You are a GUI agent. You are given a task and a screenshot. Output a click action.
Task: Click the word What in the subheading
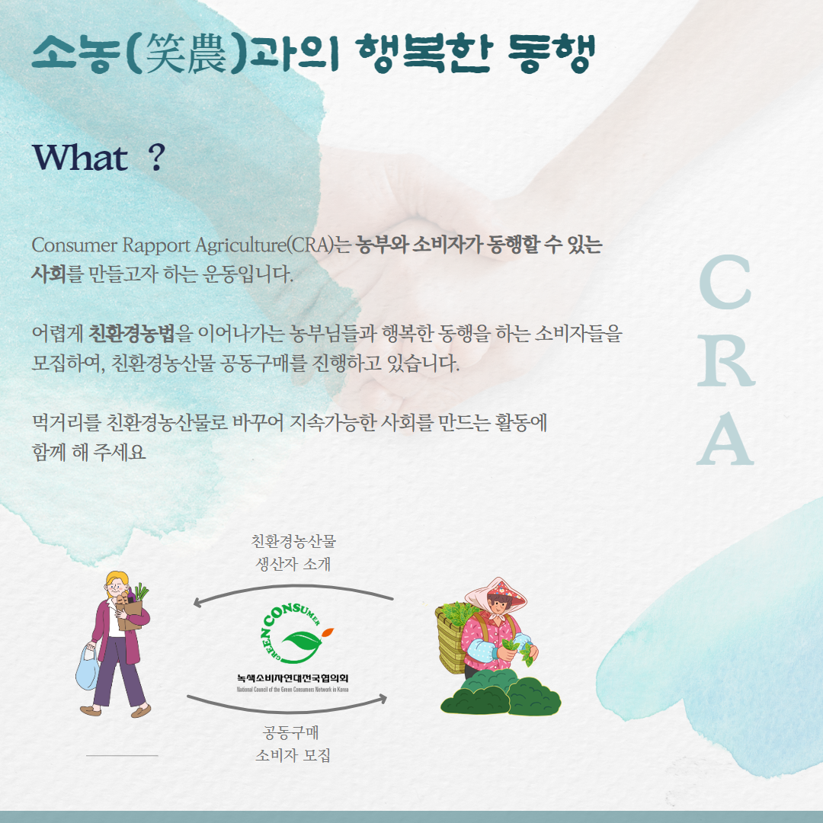(x=80, y=157)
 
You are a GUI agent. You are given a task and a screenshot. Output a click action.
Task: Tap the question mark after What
(x=156, y=157)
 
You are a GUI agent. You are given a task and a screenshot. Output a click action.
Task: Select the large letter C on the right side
(x=725, y=282)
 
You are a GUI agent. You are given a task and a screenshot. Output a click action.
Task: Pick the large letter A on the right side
(x=725, y=438)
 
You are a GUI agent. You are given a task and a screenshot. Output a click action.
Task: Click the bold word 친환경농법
(x=131, y=333)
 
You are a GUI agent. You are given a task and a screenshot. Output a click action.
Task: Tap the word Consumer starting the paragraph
(x=74, y=245)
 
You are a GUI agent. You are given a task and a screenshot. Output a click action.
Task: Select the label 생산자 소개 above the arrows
(x=293, y=564)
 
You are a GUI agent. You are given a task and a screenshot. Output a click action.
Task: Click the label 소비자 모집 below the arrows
(x=293, y=755)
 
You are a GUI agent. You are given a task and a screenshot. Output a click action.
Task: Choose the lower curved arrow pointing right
(x=287, y=708)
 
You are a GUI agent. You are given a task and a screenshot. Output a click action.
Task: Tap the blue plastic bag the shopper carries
(x=87, y=668)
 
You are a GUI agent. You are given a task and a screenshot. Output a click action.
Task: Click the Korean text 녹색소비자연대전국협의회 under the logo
(x=293, y=678)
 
